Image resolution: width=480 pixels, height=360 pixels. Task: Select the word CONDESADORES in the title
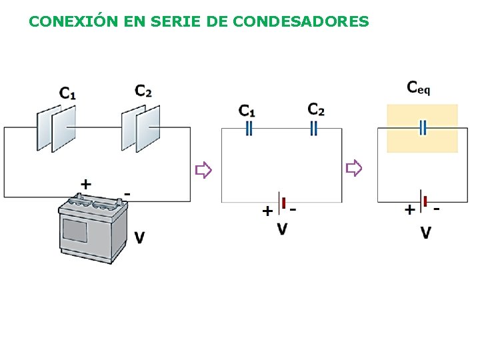(301, 21)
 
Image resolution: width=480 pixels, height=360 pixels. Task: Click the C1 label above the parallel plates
(67, 94)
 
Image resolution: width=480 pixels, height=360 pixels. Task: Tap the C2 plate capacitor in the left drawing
(141, 128)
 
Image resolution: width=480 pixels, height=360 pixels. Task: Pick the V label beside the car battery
(139, 237)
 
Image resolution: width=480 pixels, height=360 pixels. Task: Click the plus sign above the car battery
(85, 183)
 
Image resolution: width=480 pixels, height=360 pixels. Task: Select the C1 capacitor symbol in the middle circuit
(249, 128)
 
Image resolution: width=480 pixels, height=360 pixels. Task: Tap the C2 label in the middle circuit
(316, 109)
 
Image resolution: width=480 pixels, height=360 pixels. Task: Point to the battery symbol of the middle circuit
(283, 203)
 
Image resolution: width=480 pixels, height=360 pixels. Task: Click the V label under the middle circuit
(283, 229)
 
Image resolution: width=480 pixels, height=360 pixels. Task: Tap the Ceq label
(419, 87)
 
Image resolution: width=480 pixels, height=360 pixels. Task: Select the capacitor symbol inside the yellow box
(422, 128)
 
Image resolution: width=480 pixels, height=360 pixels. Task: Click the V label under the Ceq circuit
(425, 233)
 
